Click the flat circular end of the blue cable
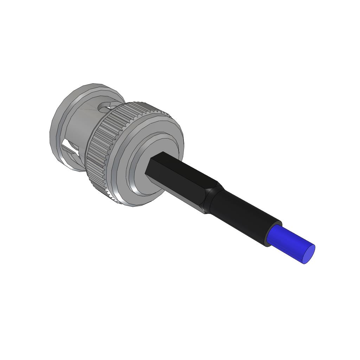[309, 254]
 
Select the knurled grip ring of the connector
[102, 148]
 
